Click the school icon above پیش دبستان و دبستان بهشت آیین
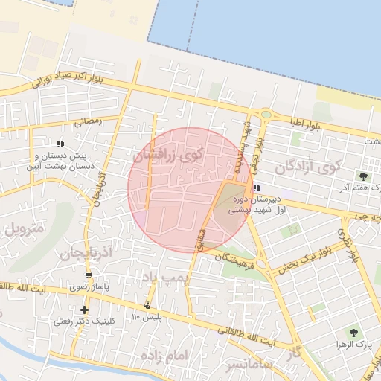(60, 144)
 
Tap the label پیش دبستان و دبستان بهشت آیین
(61, 161)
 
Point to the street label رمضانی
(87, 119)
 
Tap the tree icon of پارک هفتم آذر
(363, 176)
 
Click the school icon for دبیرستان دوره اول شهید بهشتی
(257, 188)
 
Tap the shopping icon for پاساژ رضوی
(89, 275)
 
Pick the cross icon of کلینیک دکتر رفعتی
(85, 310)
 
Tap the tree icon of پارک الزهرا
(353, 333)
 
